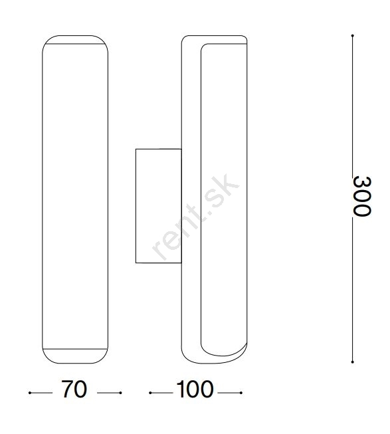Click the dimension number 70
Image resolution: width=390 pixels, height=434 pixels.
(74, 389)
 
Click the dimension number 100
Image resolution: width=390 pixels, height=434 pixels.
(195, 389)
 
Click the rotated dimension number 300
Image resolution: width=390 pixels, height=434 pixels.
(362, 196)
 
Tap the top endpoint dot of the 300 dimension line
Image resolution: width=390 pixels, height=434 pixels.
(352, 36)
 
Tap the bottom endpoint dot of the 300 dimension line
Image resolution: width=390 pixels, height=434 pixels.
(352, 362)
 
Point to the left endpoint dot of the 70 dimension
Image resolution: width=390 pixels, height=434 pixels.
(30, 393)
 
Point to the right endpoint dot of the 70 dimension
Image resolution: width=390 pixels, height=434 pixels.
(120, 393)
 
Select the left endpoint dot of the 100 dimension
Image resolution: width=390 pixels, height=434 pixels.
(150, 393)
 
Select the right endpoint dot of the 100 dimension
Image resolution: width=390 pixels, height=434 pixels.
(241, 393)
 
